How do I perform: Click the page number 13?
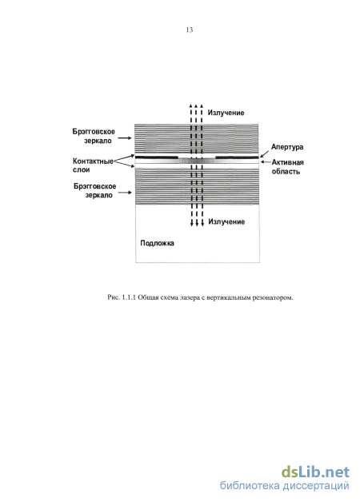(x=189, y=30)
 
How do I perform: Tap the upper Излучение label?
(x=226, y=113)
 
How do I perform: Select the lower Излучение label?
(x=226, y=222)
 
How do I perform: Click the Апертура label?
(x=287, y=147)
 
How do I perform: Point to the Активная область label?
(x=288, y=167)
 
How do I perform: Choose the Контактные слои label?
(x=93, y=165)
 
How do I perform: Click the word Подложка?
(x=157, y=243)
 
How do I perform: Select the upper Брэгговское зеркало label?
(x=94, y=136)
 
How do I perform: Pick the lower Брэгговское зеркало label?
(x=94, y=190)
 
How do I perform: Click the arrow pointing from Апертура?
(x=264, y=153)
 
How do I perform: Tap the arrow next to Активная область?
(x=266, y=162)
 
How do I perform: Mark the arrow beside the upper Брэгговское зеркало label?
(x=125, y=138)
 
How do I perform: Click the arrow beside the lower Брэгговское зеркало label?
(x=125, y=193)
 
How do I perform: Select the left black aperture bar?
(x=156, y=157)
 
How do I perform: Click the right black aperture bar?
(x=237, y=157)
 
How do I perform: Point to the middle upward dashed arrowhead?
(x=196, y=106)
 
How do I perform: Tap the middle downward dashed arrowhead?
(x=197, y=224)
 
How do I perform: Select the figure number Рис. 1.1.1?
(x=122, y=297)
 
